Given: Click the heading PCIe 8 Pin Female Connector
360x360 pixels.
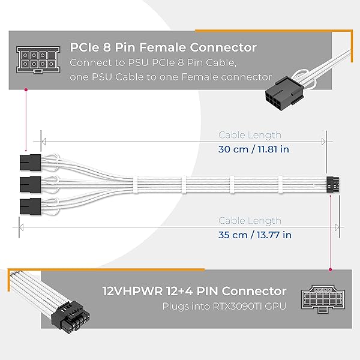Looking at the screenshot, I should pyautogui.click(x=164, y=47).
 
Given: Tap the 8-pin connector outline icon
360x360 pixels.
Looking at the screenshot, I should pyautogui.click(x=34, y=61).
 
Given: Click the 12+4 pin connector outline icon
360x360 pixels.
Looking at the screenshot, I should pyautogui.click(x=318, y=298).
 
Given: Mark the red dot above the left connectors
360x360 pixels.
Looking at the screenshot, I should pyautogui.click(x=26, y=90).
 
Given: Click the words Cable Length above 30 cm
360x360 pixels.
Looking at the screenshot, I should pyautogui.click(x=250, y=136).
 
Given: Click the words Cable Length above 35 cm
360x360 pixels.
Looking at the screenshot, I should pyautogui.click(x=250, y=221).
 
